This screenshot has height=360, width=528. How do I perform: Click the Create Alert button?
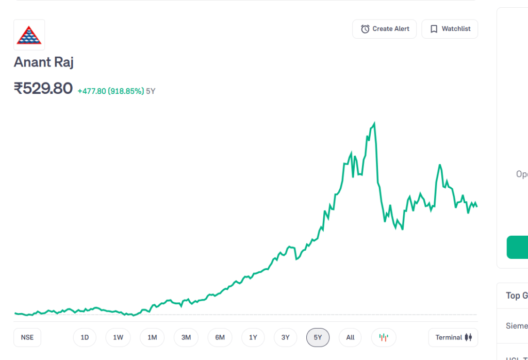coord(385,29)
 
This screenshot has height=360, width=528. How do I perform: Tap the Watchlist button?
coord(450,29)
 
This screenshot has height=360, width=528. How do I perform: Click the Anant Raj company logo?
coord(29,35)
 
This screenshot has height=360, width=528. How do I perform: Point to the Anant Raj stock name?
coord(44,62)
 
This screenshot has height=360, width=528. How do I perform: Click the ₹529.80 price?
coord(43,89)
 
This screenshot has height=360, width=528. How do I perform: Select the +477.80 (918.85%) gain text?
coord(111,91)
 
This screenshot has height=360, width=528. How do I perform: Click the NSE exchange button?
coord(27,337)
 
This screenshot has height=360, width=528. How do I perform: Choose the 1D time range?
coord(85,337)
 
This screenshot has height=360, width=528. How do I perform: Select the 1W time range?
coord(118,337)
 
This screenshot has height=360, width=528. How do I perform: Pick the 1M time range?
coord(152,337)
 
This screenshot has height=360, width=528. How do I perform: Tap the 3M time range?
coord(186,337)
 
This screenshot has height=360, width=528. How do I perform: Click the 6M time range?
coord(220,337)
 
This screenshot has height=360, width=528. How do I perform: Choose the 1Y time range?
coord(253,337)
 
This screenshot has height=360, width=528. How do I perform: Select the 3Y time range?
coord(286,337)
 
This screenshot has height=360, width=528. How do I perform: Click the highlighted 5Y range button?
coord(318,337)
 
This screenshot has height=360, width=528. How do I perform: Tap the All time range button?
coord(351,337)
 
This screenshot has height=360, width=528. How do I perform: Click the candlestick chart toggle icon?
coord(384,337)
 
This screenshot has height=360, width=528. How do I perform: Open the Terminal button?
coord(453,337)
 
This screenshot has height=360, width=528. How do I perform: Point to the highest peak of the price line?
coord(374,123)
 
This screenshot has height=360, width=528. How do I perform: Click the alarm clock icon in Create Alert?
coord(365,29)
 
